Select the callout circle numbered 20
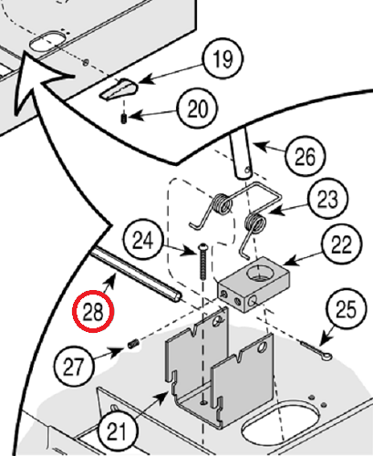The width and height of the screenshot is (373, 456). (196, 110)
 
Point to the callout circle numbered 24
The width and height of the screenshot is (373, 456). (143, 241)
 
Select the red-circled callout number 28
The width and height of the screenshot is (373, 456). (93, 311)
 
